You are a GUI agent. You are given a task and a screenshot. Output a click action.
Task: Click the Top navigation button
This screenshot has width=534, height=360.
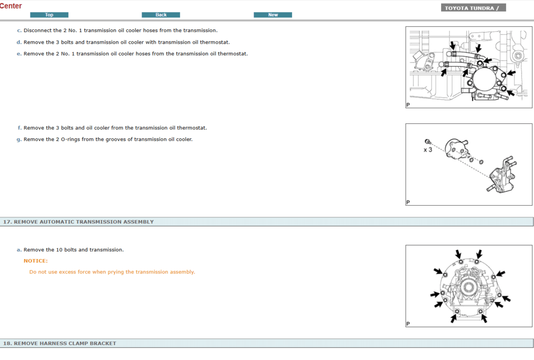49,15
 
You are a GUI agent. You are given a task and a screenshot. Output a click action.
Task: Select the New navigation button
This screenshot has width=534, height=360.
273,15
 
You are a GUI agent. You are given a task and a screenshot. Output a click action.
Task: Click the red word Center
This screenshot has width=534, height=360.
11,6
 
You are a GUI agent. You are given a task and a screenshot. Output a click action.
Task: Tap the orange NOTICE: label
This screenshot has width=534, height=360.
36,261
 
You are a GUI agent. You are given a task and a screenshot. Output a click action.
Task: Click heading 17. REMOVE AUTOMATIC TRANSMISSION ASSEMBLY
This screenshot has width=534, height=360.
78,222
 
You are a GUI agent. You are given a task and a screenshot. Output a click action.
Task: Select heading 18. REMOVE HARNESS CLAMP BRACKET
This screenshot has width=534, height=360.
60,343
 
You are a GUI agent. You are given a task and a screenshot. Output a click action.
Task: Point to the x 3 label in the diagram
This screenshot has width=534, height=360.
428,150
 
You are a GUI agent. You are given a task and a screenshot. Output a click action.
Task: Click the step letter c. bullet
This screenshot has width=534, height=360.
19,30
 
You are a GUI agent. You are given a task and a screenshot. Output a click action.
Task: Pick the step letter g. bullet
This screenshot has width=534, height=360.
19,139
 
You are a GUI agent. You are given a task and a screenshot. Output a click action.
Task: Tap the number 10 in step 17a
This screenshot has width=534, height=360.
59,249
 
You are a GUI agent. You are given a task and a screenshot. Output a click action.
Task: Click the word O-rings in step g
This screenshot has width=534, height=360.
70,139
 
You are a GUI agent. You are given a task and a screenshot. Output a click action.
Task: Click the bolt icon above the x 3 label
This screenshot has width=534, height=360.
427,142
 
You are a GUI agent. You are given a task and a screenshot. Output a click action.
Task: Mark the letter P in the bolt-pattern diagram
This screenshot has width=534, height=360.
408,324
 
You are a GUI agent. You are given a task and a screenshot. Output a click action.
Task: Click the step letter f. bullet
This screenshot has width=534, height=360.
20,128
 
